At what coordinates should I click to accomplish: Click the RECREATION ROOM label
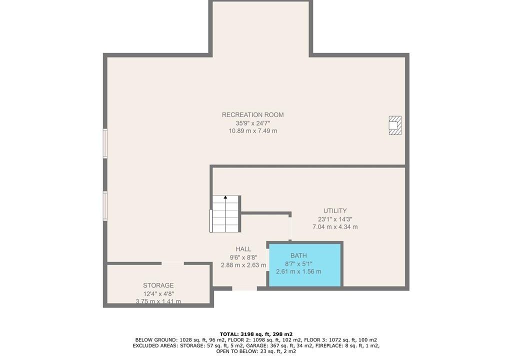[x=252, y=114]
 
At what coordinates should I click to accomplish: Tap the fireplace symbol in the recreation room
[x=395, y=125]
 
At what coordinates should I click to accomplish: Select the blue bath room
[x=305, y=264]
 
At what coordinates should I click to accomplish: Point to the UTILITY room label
[x=335, y=210]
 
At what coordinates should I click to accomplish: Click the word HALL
[x=243, y=249]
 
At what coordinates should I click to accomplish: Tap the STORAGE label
[x=158, y=285]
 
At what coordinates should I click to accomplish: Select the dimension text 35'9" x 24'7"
[x=252, y=123]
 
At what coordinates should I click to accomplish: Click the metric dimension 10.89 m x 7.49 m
[x=252, y=131]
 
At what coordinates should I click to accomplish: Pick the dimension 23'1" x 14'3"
[x=335, y=219]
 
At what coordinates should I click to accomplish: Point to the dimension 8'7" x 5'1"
[x=298, y=263]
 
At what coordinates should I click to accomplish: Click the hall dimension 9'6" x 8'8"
[x=243, y=257]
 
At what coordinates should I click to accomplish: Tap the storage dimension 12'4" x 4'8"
[x=158, y=293]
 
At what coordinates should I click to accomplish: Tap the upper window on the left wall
[x=105, y=143]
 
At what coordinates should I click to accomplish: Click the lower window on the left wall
[x=105, y=205]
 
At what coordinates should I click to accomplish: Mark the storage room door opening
[x=172, y=263]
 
